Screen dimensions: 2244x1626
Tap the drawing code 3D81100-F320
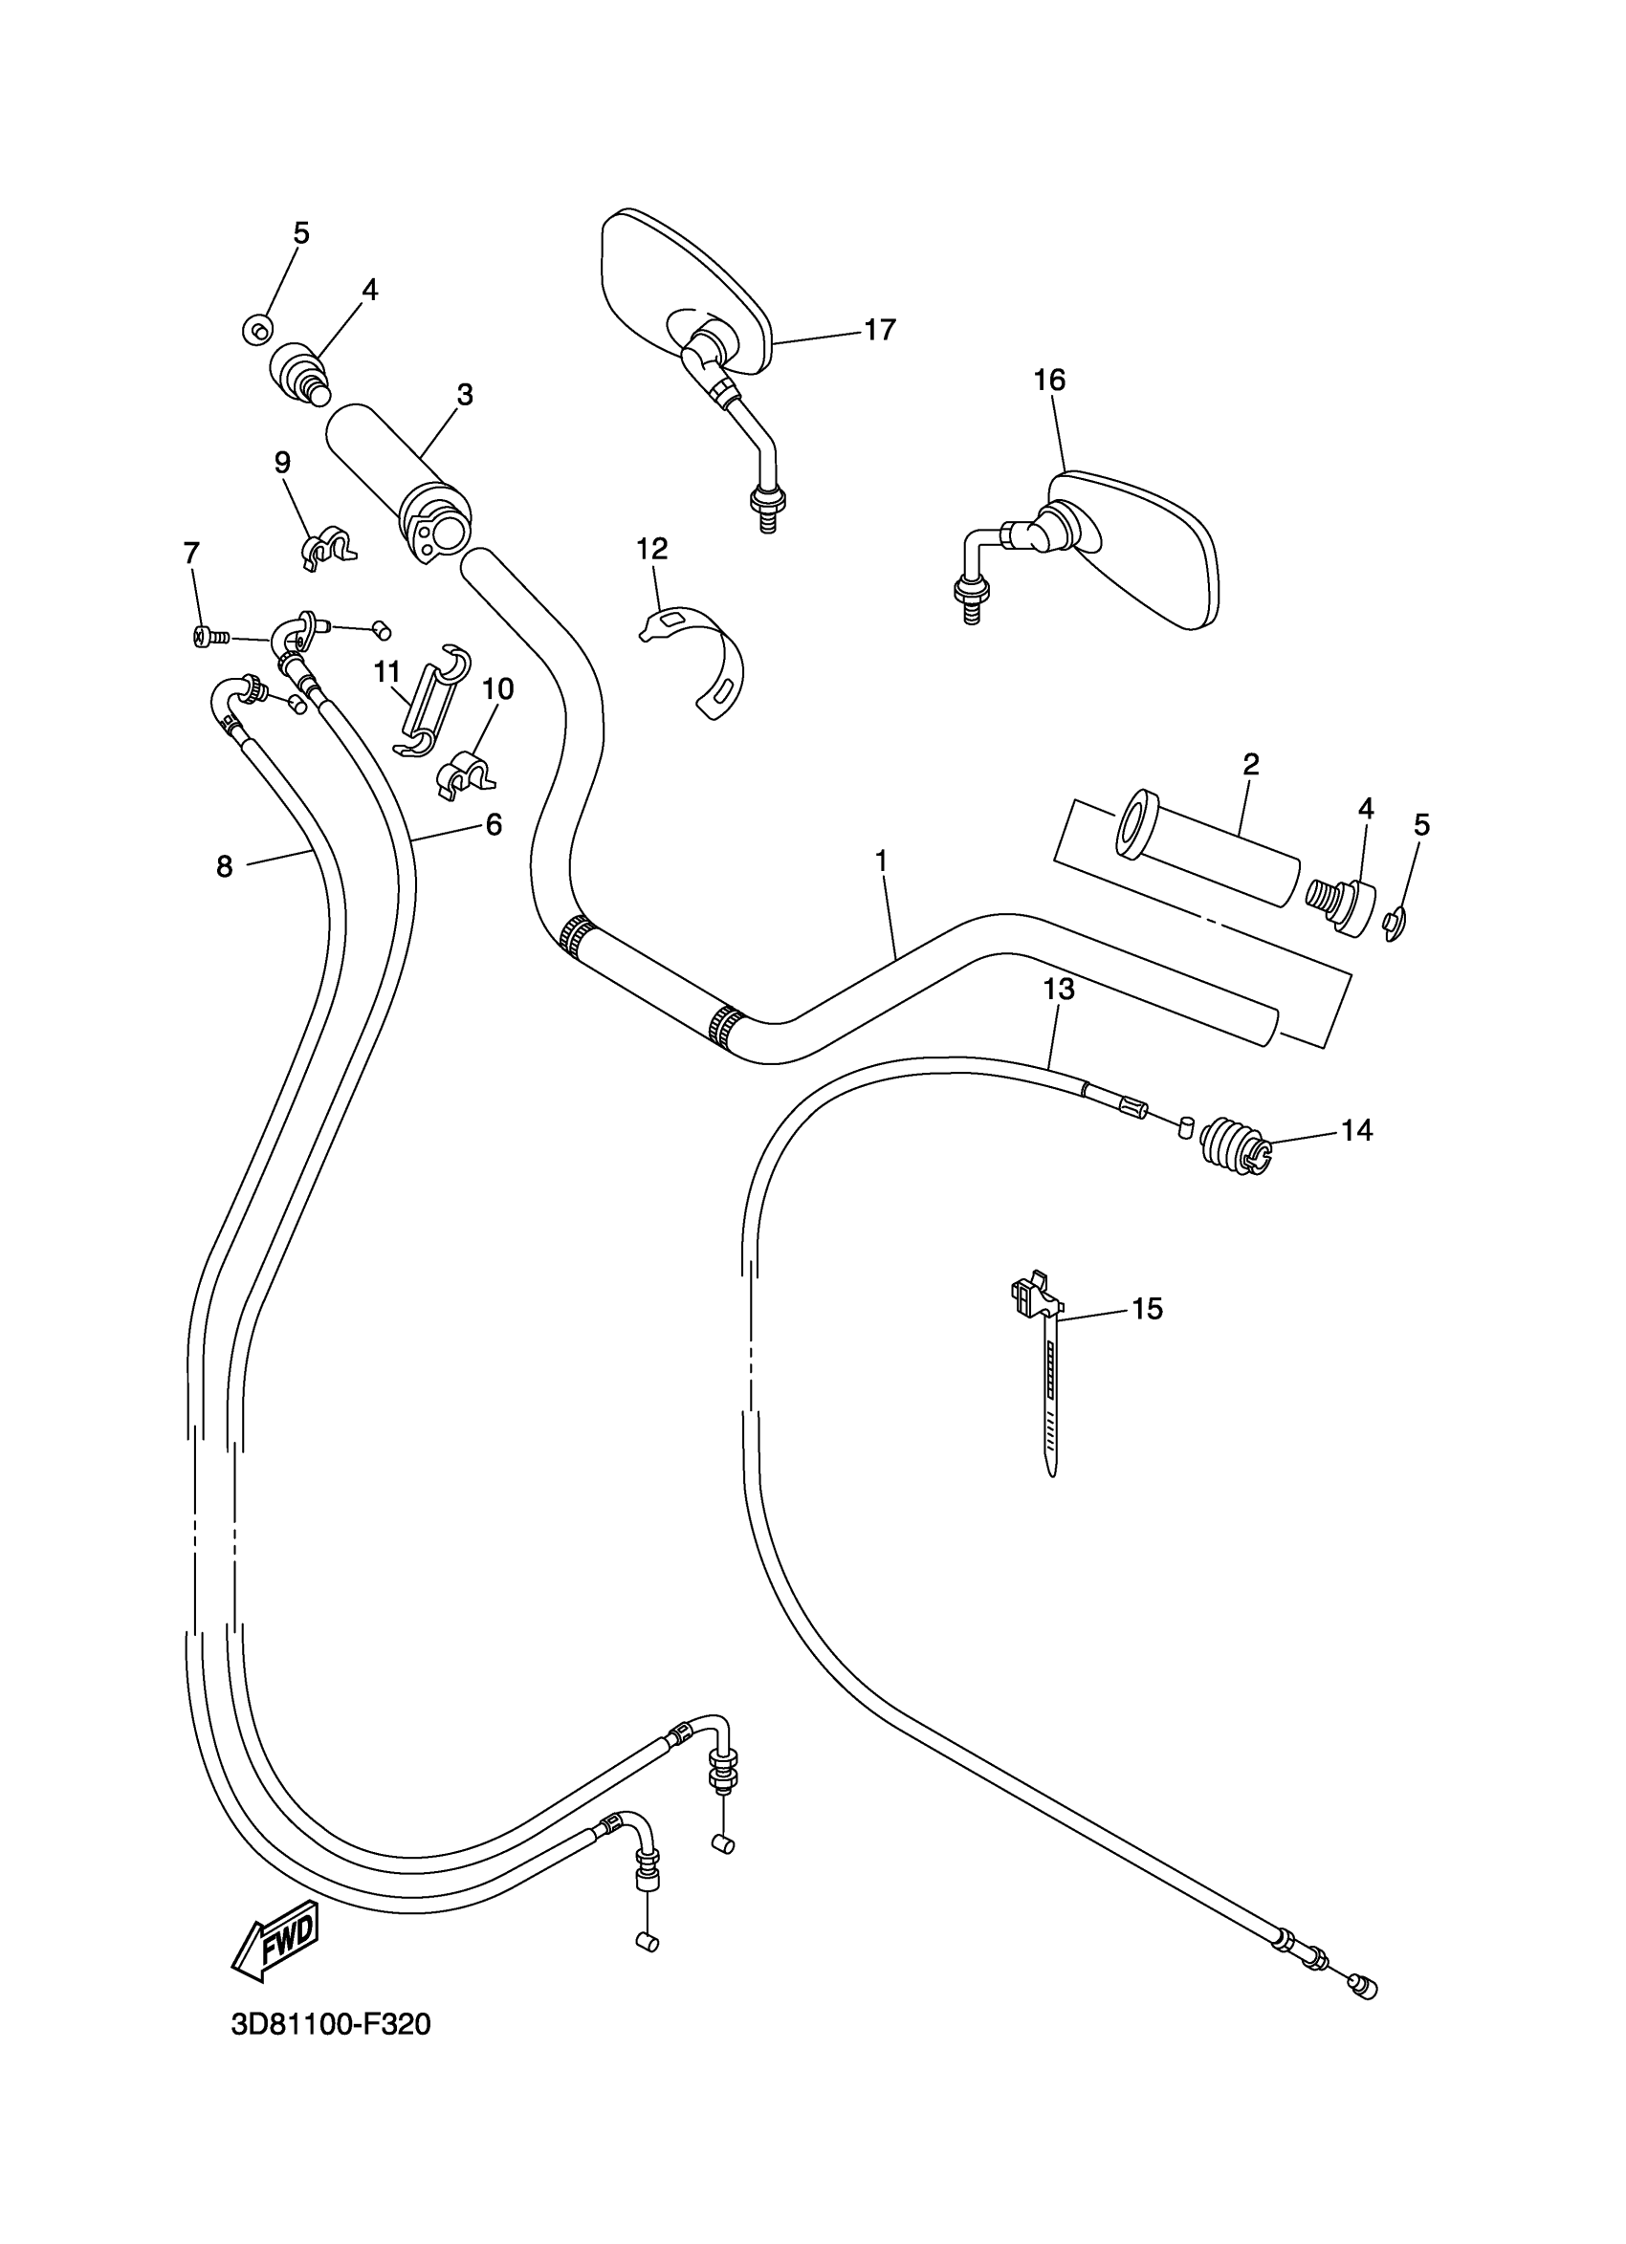click(x=331, y=2025)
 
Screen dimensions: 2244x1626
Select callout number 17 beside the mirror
click(x=879, y=330)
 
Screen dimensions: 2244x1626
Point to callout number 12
click(x=652, y=548)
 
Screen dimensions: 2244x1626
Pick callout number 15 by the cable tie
click(x=1147, y=1309)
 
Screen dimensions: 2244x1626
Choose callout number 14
click(x=1356, y=1130)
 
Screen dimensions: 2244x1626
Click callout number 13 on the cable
click(x=1058, y=989)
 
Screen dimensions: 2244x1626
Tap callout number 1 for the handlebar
click(x=881, y=861)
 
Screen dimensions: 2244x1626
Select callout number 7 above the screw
click(x=191, y=552)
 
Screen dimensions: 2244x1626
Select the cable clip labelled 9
click(x=327, y=547)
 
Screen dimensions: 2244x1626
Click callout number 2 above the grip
click(x=1251, y=764)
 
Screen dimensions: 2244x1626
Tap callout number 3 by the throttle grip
click(x=464, y=395)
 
